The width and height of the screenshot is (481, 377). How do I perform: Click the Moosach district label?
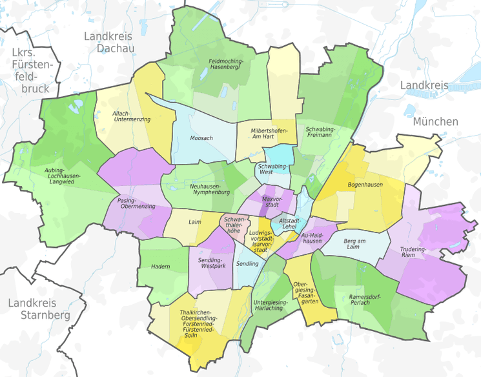click(x=201, y=138)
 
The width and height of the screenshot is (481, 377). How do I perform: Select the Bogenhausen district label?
click(x=365, y=185)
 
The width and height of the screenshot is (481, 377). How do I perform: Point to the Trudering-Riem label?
click(x=413, y=251)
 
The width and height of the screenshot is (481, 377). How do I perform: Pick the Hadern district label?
click(x=160, y=266)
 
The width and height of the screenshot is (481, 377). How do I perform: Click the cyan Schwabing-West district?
click(x=280, y=155)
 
